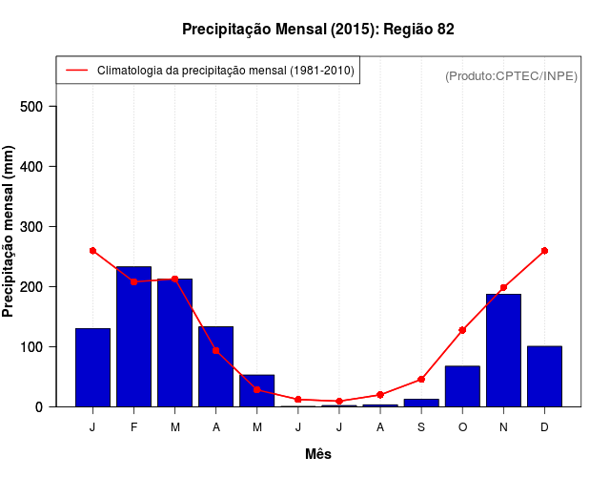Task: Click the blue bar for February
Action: (134, 337)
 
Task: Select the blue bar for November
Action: (503, 350)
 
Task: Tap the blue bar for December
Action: (544, 376)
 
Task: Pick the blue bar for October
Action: (462, 386)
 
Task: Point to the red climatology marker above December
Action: (544, 251)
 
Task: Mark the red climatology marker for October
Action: (462, 330)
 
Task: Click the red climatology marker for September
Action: (421, 380)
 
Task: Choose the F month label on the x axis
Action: (134, 426)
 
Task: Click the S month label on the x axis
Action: (421, 426)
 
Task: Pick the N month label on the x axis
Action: (503, 426)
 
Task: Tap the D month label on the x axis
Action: (544, 426)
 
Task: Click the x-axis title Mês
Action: (318, 454)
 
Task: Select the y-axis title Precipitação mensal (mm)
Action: (10, 232)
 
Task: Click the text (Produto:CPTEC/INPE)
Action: (511, 75)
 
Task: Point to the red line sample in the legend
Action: (76, 71)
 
